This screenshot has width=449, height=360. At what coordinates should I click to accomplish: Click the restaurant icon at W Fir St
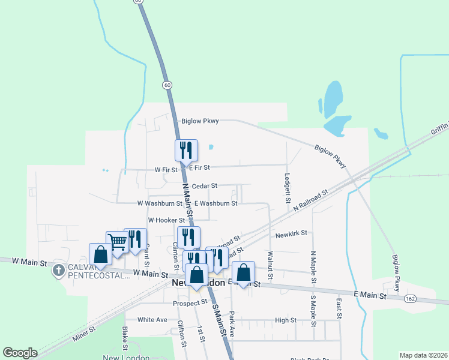[x=186, y=149]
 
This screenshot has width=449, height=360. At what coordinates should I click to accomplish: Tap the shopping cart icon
[x=117, y=242]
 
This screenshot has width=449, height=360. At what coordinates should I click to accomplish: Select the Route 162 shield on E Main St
[x=410, y=298]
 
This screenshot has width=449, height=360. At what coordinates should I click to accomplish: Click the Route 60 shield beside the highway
[x=166, y=85]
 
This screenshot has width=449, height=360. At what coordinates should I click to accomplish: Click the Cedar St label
[x=205, y=187]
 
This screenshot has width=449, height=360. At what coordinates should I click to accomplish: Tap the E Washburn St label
[x=215, y=203]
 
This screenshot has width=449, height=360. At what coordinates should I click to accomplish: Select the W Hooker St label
[x=165, y=220]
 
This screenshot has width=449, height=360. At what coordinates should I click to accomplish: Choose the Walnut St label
[x=270, y=259]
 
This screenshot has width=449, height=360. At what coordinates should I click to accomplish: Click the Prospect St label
[x=190, y=302]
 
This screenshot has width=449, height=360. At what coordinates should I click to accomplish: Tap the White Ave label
[x=152, y=320]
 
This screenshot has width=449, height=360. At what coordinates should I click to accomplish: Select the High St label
[x=286, y=320]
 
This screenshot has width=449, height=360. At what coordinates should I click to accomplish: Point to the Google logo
[x=20, y=353]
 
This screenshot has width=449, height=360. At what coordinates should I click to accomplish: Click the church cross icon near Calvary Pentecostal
[x=58, y=270]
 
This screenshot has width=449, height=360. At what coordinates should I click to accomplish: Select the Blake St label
[x=125, y=339]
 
